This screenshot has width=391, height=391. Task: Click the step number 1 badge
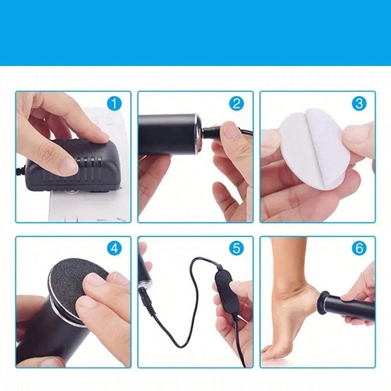(x=114, y=103)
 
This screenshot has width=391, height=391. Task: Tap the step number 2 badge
(x=237, y=103)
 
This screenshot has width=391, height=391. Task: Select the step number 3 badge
(x=359, y=103)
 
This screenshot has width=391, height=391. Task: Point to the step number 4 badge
(x=114, y=248)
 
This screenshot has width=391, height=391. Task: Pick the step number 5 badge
(x=237, y=248)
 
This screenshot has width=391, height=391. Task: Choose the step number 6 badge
(x=359, y=248)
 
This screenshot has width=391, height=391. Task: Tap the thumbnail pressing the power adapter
(x=68, y=166)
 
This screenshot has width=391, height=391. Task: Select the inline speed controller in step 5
(x=226, y=290)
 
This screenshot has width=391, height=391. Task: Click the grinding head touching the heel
(x=322, y=301)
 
